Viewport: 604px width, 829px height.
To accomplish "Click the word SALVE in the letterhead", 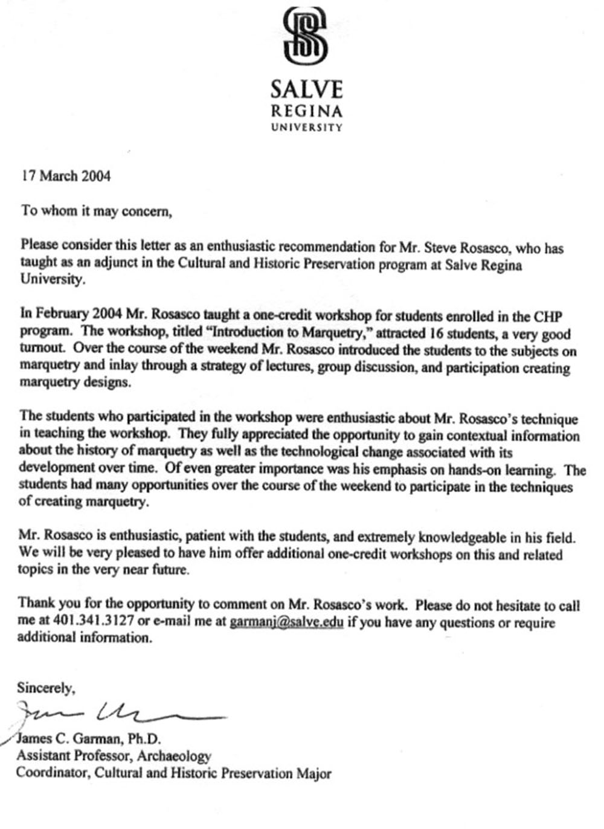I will click(306, 90).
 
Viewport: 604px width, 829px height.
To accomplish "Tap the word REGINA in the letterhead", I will click(306, 112).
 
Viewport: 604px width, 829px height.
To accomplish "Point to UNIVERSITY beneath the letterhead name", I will click(306, 127).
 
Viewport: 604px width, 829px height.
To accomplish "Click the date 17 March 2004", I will click(66, 176).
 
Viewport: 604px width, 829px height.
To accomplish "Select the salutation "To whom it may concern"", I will click(97, 211).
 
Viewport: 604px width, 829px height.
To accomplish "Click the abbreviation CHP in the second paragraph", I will click(548, 316).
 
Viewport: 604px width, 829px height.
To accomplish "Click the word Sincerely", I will click(47, 688).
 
